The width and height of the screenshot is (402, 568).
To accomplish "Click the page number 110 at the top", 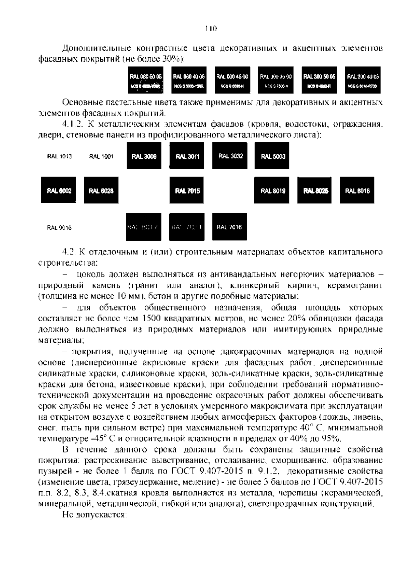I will [x=211, y=28].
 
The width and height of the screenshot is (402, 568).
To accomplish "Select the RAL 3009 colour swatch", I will [x=144, y=156].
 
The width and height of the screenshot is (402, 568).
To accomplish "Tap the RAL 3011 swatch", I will [x=187, y=156].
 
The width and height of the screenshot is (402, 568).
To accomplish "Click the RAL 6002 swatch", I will [x=59, y=190].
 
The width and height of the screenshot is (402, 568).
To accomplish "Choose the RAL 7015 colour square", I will [x=187, y=190].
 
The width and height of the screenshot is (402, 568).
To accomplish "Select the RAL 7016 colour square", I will [x=229, y=227].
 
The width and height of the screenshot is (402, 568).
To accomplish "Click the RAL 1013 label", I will [x=59, y=156].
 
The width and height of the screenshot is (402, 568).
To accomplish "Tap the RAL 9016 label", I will [x=59, y=228].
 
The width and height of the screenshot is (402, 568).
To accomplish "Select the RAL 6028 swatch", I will [x=101, y=190].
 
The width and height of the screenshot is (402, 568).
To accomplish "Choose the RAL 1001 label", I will [x=101, y=156].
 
